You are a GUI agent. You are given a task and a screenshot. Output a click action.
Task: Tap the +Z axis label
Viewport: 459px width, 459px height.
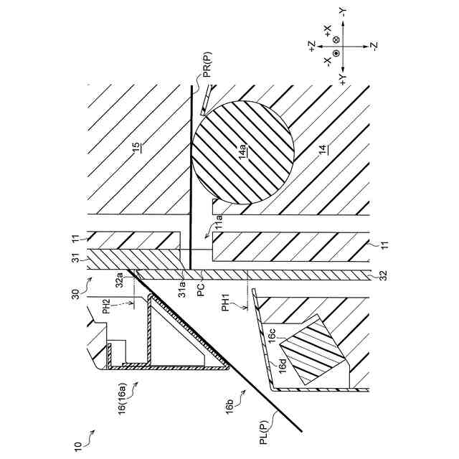(315, 45)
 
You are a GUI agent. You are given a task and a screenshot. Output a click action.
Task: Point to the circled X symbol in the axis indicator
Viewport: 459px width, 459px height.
(336, 44)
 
